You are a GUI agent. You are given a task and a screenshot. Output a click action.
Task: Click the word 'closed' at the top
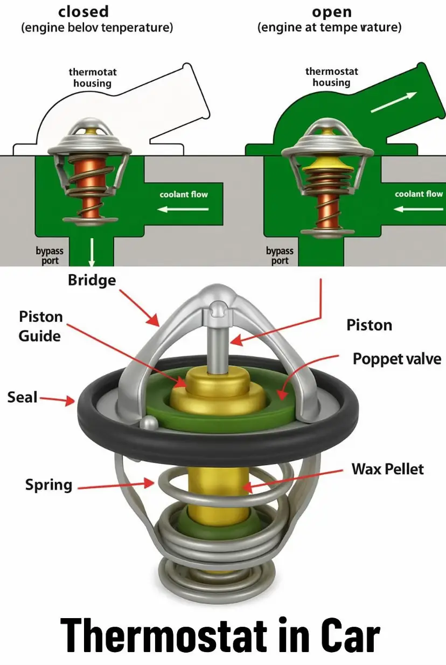(83, 12)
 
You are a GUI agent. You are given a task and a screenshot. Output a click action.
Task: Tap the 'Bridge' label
(92, 281)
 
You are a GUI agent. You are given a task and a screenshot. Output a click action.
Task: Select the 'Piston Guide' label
(40, 326)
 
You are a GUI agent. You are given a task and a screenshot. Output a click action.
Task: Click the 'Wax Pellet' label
(387, 469)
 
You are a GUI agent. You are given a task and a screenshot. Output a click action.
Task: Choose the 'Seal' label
(23, 397)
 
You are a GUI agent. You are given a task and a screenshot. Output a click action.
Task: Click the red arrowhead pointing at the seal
(70, 400)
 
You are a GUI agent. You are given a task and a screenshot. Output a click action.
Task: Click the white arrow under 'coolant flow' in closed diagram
(183, 210)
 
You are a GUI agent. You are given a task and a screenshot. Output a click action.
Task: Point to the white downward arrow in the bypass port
(92, 252)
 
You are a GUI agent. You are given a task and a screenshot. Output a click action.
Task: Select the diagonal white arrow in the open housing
(394, 102)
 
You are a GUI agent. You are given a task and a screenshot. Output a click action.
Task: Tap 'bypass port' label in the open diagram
(280, 255)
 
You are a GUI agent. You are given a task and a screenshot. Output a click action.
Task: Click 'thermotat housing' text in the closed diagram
(93, 78)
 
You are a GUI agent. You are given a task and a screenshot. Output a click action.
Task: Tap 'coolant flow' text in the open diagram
(419, 194)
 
